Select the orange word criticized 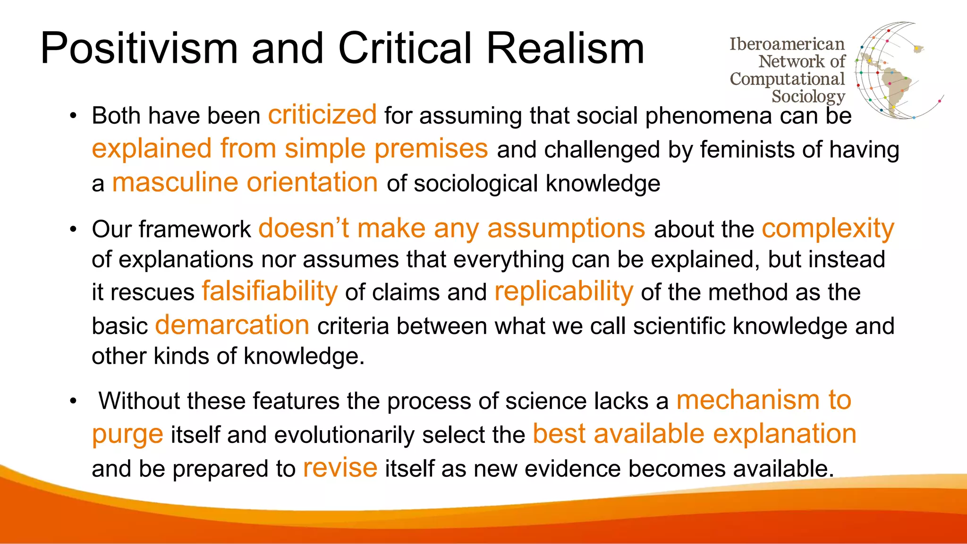tap(322, 115)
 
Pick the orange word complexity tap(828, 229)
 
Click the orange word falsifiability tap(270, 291)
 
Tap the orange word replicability tap(564, 291)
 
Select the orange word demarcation tap(232, 325)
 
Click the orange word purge tap(127, 434)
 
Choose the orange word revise tap(340, 468)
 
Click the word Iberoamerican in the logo tap(787, 44)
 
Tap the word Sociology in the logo tap(808, 96)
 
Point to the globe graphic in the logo tap(892, 71)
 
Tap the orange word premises tap(431, 149)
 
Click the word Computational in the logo tap(787, 79)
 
